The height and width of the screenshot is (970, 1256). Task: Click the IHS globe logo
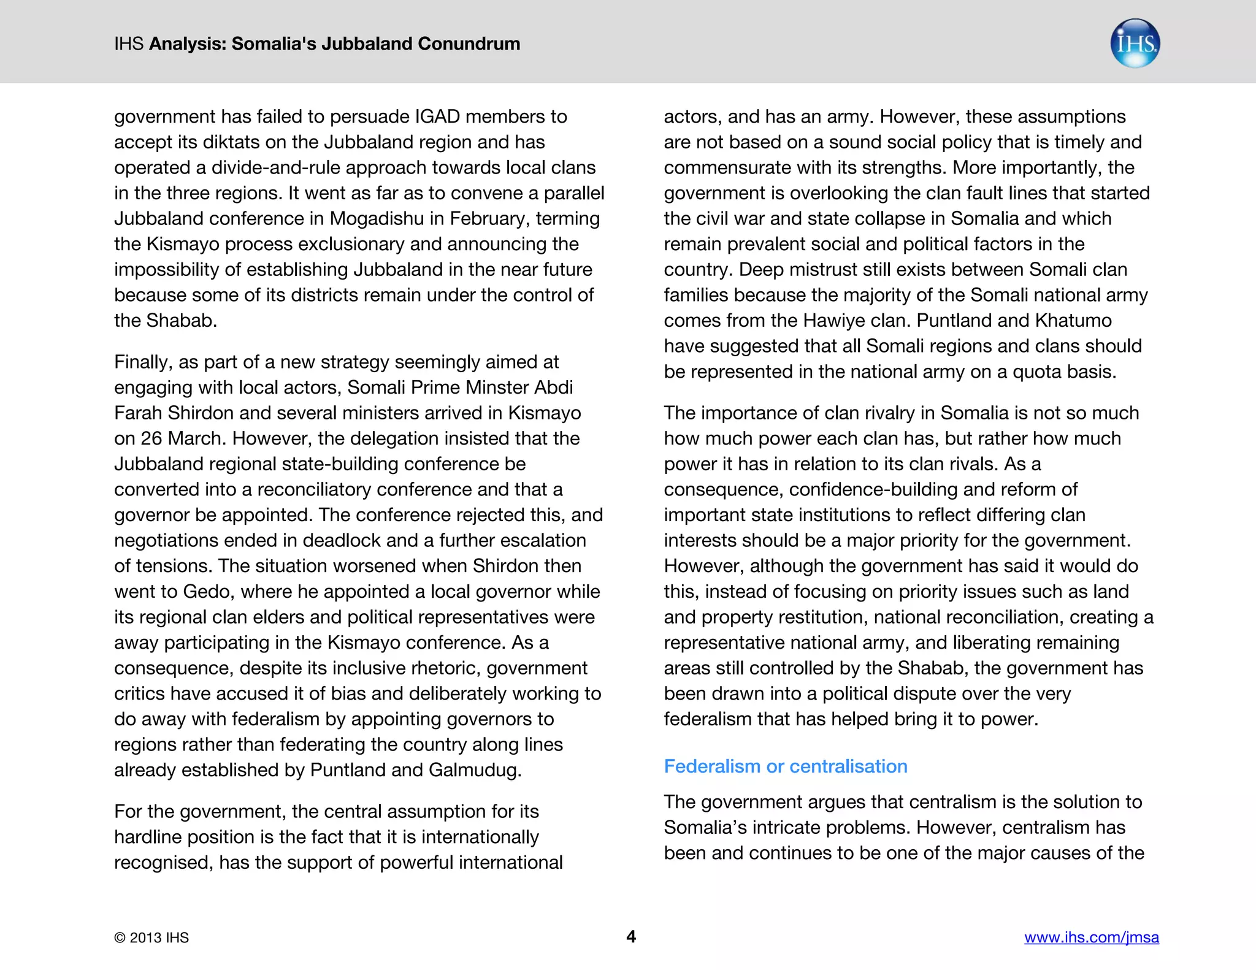coord(1135,44)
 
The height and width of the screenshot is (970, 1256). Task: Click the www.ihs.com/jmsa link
coord(1091,937)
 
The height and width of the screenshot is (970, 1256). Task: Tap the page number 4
coord(630,936)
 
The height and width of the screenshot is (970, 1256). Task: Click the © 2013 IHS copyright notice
coord(151,938)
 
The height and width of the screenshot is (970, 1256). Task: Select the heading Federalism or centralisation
coord(785,766)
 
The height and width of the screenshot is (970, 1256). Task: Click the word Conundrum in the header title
coord(469,44)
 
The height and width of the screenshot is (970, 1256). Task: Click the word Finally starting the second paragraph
coord(142,362)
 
